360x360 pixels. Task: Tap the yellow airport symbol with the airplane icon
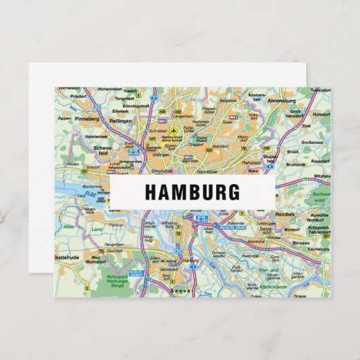pyautogui.click(x=175, y=130)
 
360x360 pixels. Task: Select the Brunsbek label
pyautogui.click(x=296, y=164)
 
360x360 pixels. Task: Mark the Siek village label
pyautogui.click(x=306, y=126)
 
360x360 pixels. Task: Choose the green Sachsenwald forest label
pyautogui.click(x=319, y=196)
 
